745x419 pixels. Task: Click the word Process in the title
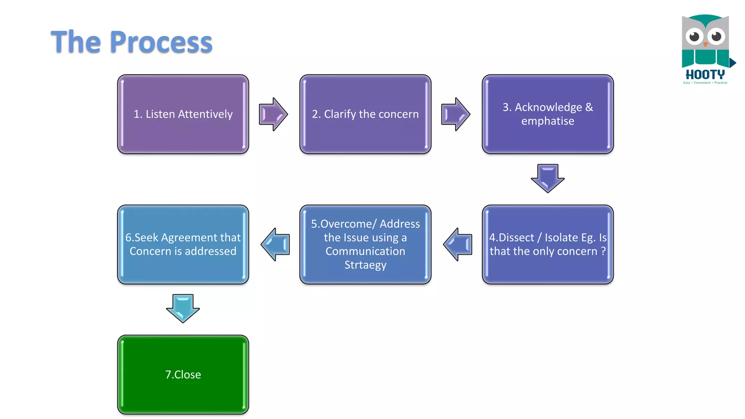[x=161, y=42]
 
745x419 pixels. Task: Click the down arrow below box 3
[x=547, y=178]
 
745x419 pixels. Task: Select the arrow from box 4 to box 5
[x=458, y=244]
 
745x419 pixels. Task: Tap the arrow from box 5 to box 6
[x=275, y=244]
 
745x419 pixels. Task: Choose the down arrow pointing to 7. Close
[x=183, y=308]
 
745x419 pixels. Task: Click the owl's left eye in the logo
[x=694, y=36]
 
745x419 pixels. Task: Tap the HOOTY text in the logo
[x=705, y=75]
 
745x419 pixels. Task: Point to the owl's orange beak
[x=705, y=44]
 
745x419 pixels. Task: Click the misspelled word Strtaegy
[x=365, y=265]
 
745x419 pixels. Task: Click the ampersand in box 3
[x=589, y=107]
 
